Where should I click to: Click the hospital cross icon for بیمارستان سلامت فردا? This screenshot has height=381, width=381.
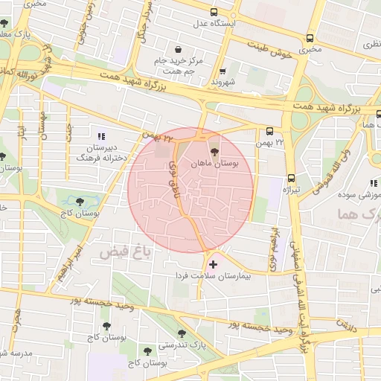click(x=214, y=263)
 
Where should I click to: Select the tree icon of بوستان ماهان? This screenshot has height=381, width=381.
click(x=215, y=152)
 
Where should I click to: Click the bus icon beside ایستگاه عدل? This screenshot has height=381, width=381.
click(x=214, y=13)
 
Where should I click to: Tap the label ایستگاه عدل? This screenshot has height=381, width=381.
click(x=210, y=24)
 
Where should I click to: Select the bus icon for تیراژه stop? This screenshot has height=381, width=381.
click(x=290, y=178)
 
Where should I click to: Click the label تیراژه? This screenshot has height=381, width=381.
click(x=289, y=190)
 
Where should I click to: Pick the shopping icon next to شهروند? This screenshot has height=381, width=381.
click(x=221, y=70)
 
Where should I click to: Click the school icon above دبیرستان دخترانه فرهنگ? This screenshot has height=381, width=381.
click(x=101, y=136)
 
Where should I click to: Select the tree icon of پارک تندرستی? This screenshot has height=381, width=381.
click(x=181, y=333)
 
